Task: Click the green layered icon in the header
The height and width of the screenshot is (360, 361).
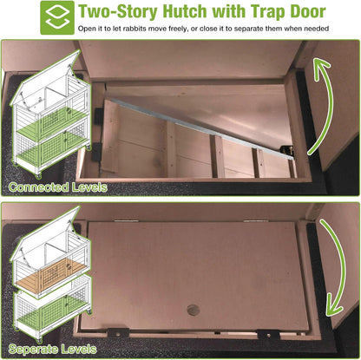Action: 57,17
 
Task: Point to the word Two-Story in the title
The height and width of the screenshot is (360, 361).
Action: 118,11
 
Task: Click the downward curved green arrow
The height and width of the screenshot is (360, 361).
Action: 333,267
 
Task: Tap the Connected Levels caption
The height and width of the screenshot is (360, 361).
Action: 58,187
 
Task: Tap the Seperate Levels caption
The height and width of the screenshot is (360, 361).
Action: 52,349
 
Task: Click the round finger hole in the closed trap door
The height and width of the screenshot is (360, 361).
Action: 194,310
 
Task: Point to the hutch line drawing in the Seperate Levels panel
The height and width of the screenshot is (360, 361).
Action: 51,274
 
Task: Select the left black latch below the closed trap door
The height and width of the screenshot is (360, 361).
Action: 118,333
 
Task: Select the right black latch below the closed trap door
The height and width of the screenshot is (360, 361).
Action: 268,335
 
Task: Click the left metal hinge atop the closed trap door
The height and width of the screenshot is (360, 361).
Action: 126,220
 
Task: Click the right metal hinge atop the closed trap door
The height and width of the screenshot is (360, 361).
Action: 254,220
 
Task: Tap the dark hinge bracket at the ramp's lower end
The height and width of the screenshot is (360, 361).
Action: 288,150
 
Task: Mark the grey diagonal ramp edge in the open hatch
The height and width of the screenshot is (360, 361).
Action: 200,128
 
